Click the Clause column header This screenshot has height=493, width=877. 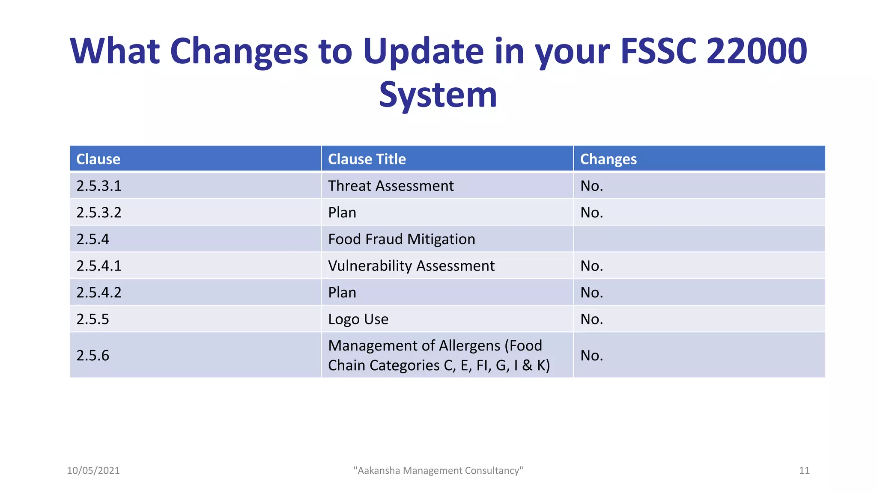98,159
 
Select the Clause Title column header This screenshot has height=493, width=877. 367,159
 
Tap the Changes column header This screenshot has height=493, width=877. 608,159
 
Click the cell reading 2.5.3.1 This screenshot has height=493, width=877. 99,186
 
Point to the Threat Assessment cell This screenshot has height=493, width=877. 391,186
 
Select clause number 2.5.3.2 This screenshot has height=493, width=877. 99,213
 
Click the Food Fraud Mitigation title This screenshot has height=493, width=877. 401,239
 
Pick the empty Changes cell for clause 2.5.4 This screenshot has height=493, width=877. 699,239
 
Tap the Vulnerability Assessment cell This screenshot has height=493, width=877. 411,266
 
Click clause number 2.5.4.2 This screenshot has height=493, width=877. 99,293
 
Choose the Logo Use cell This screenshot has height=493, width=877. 358,319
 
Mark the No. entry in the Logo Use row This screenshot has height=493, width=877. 591,319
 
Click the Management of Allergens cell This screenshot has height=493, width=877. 438,355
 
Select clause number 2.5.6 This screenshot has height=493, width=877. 93,356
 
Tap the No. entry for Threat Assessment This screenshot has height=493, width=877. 591,186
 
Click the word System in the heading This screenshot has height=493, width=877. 438,95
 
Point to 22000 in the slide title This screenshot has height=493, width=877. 756,51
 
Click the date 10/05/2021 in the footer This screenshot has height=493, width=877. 93,471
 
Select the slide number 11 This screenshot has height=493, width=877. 804,471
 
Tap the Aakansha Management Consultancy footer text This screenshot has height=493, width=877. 438,471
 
